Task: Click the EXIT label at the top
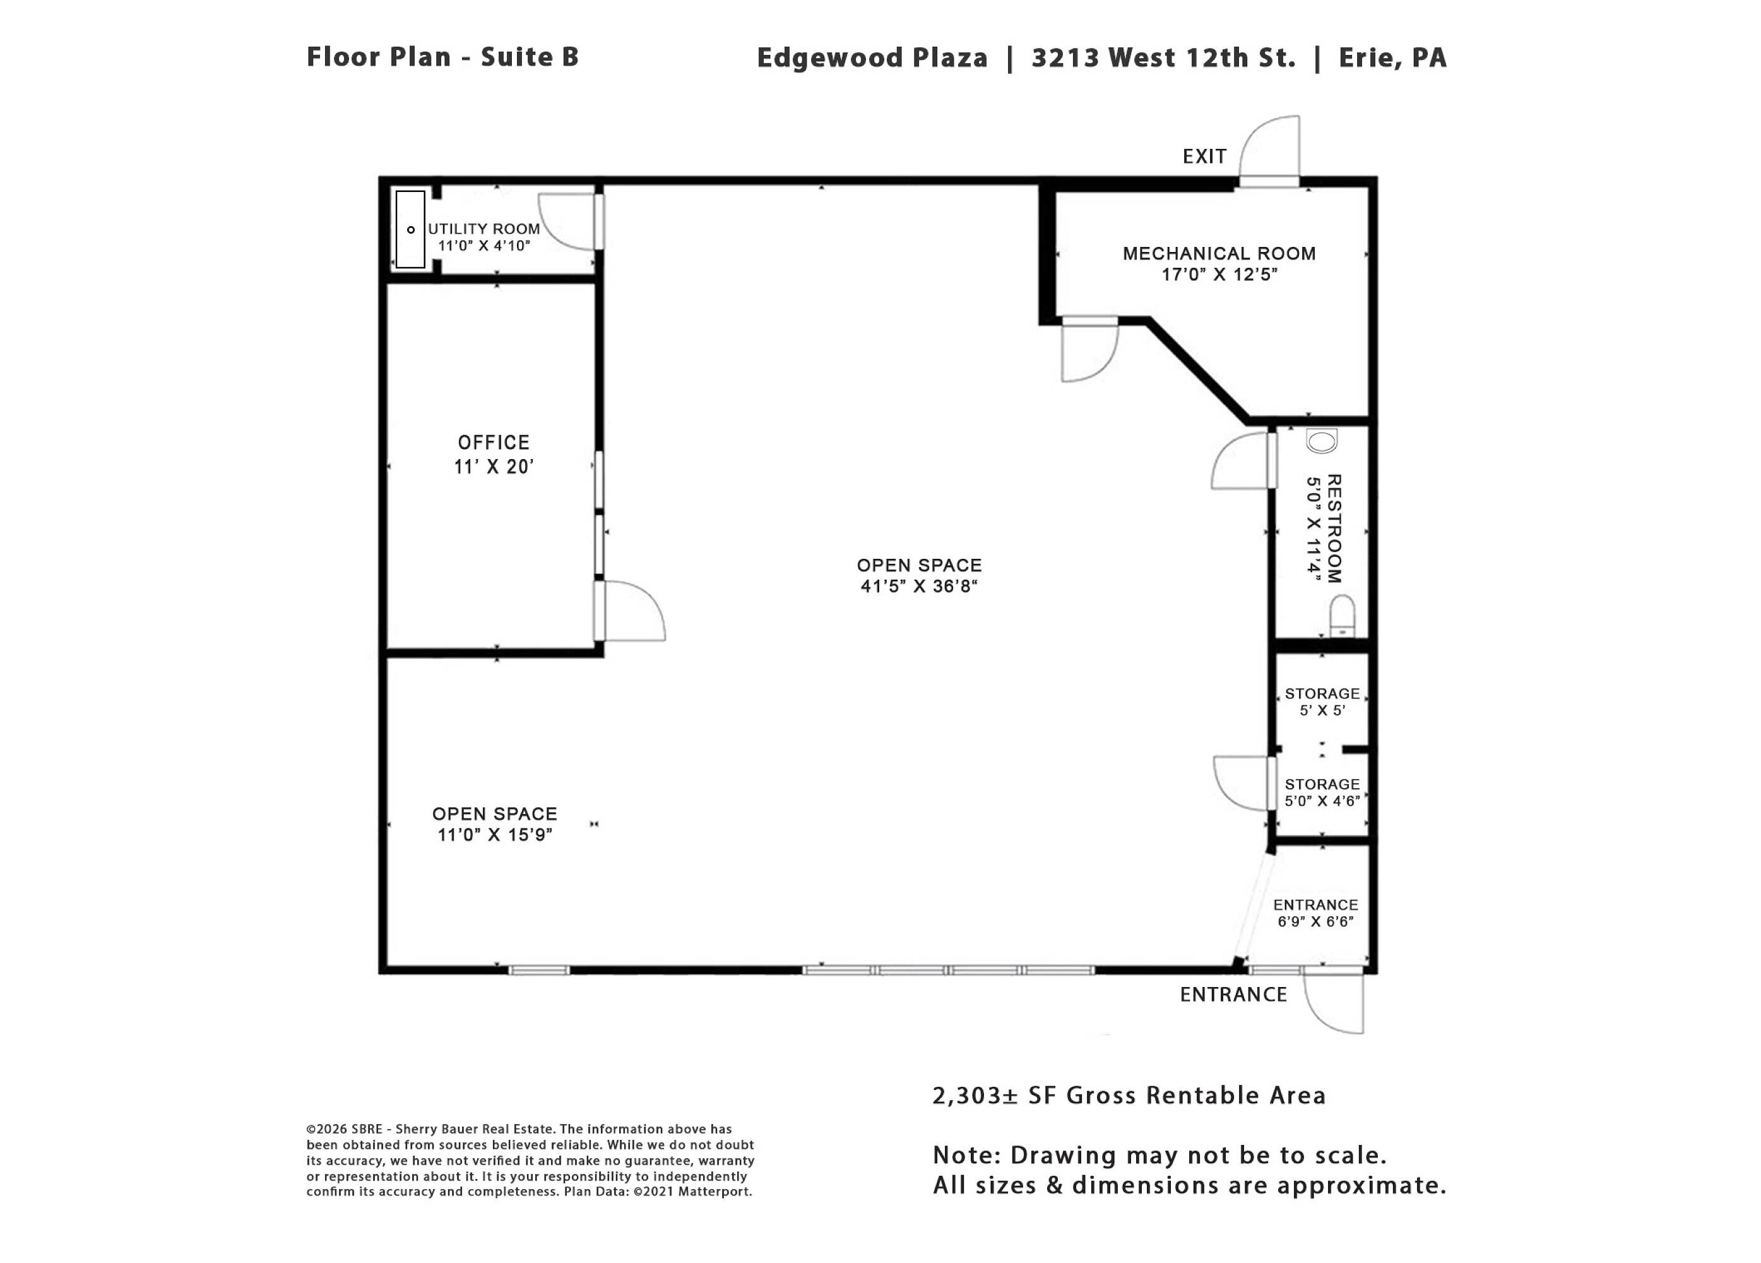1204,157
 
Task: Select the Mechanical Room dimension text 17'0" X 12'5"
1219,274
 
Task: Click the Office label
494,443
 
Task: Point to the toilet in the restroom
1343,616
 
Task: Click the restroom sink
1322,441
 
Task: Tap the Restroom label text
1334,529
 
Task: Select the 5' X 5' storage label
1322,710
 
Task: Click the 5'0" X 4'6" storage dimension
1322,801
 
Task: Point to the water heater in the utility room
411,230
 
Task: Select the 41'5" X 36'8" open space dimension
918,587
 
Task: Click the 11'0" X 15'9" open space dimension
495,835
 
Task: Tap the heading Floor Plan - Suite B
442,57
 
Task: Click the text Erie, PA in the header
1393,58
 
